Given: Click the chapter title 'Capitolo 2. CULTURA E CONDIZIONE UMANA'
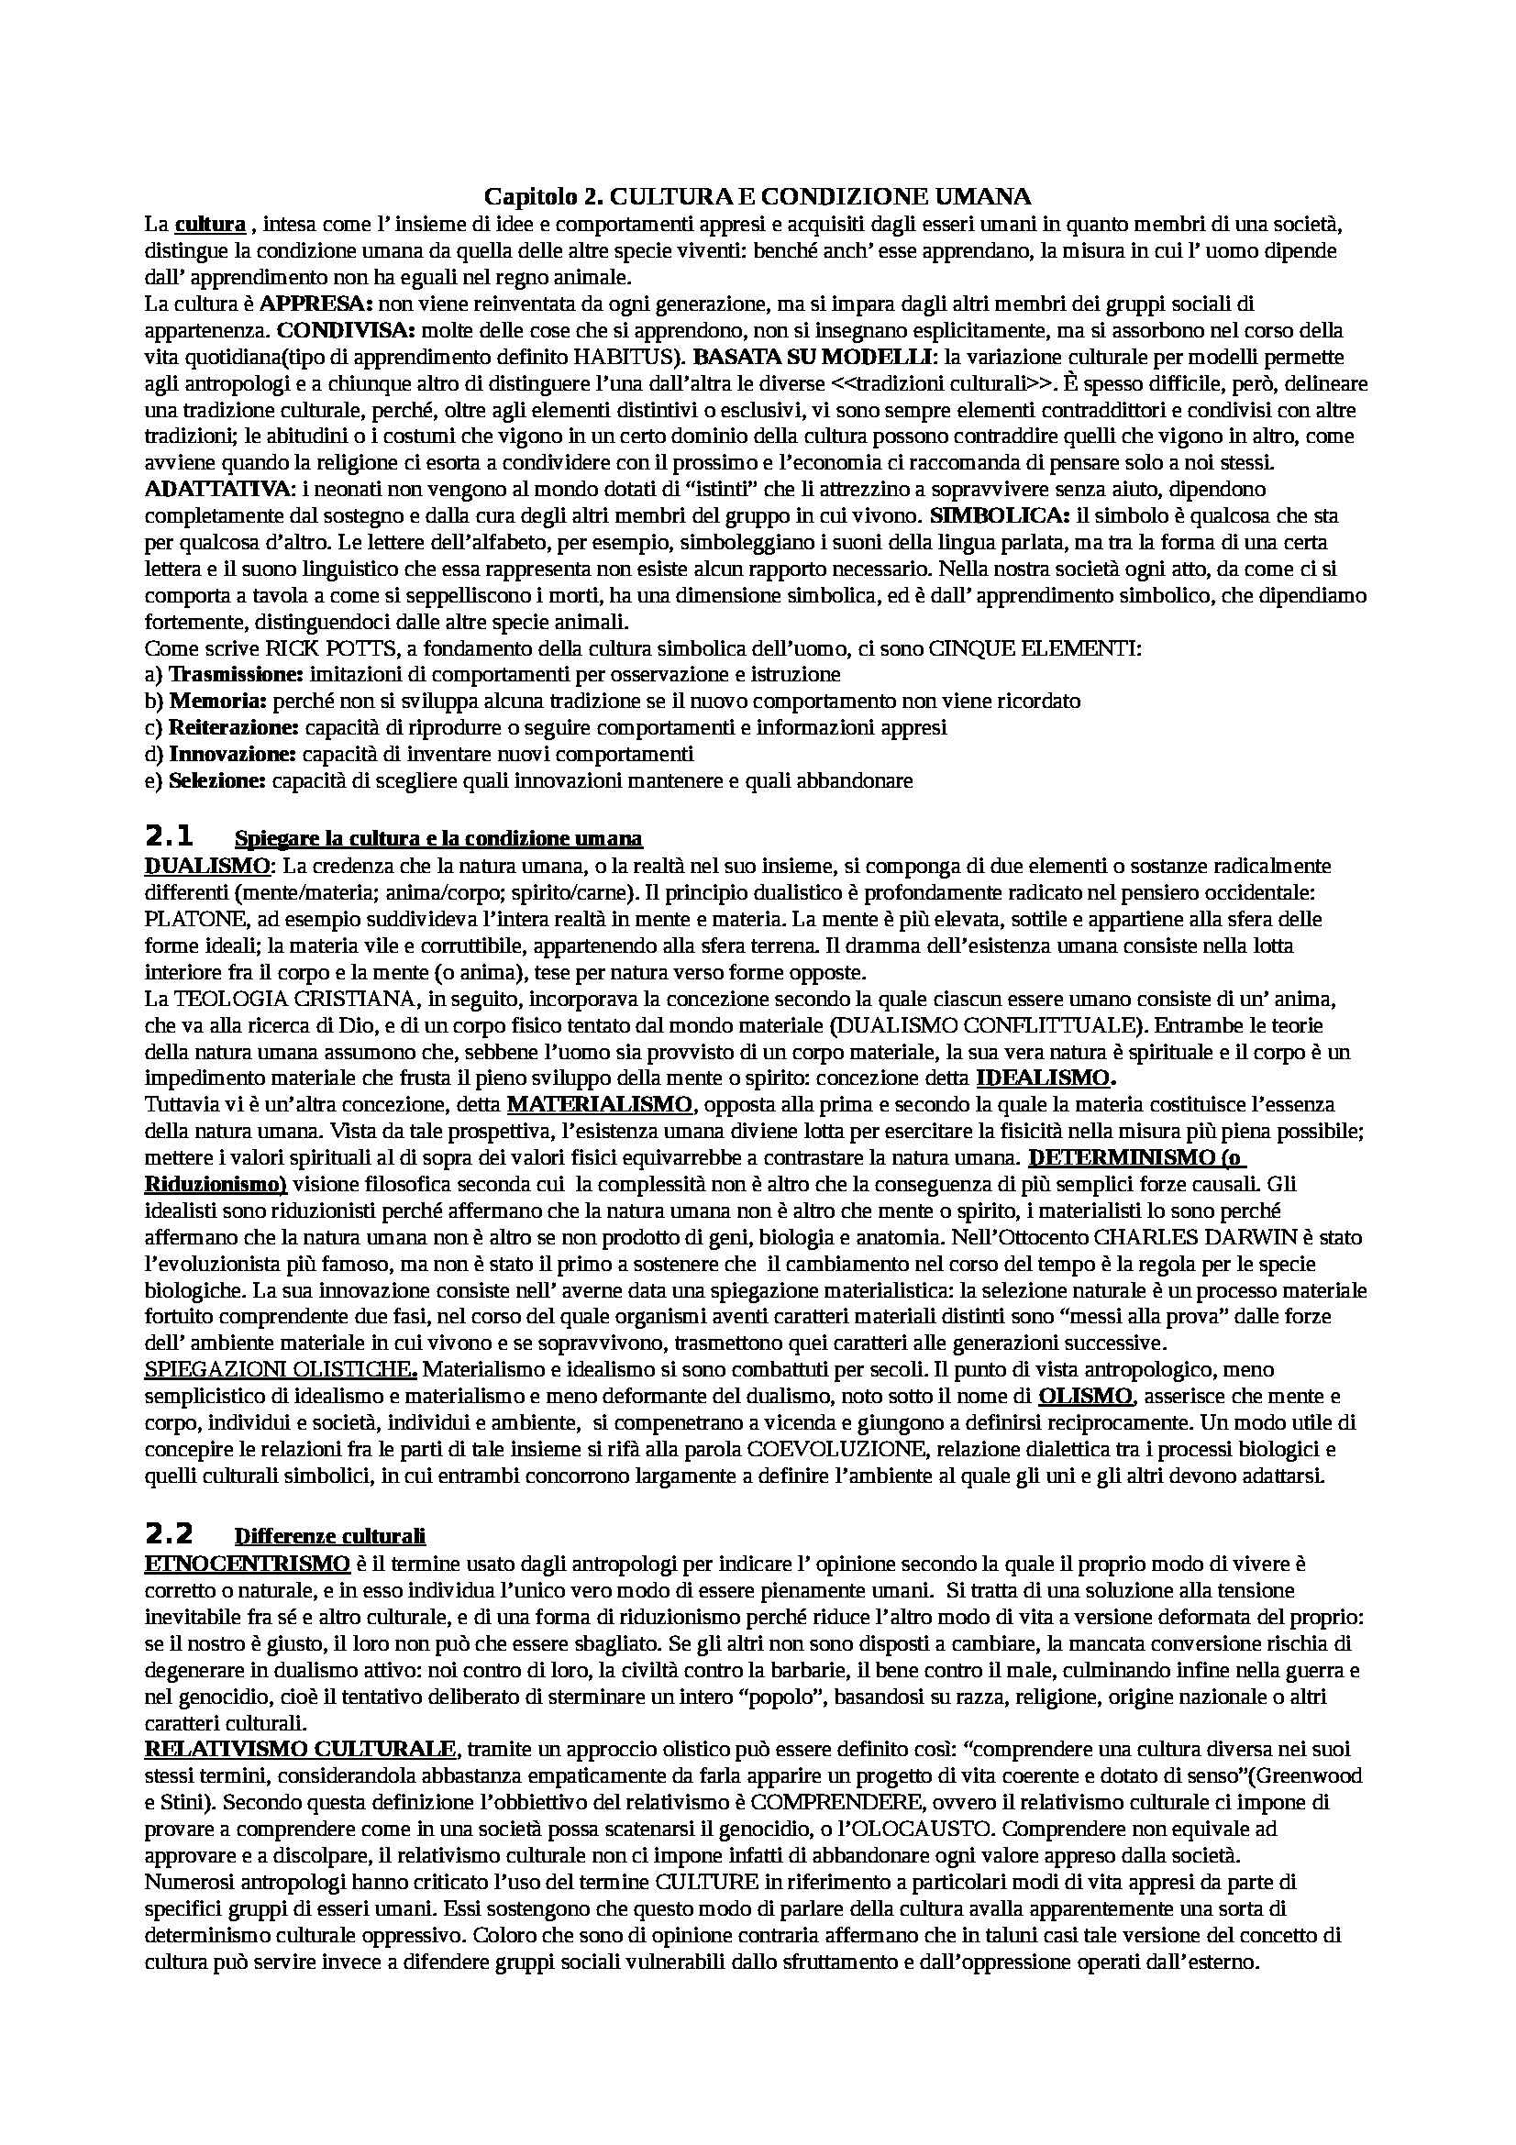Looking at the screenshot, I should point(758,197).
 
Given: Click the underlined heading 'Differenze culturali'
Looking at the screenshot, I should point(330,1536).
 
